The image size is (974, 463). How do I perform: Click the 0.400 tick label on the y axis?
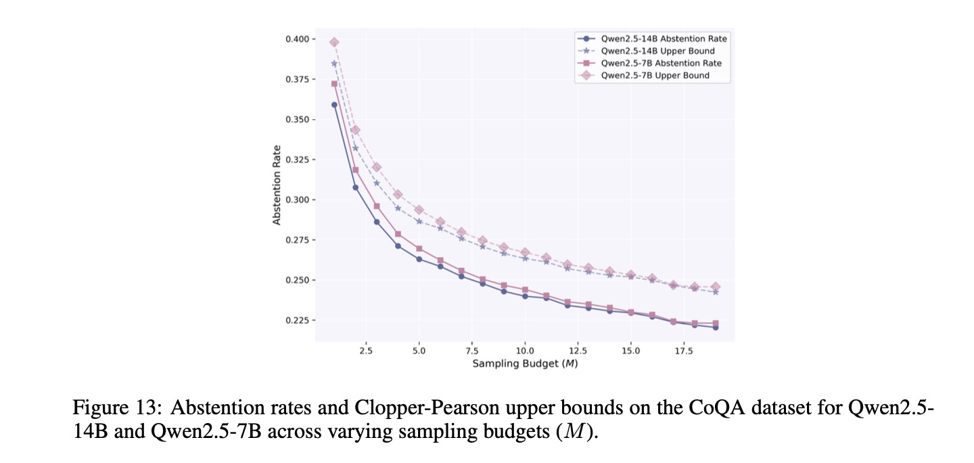[297, 39]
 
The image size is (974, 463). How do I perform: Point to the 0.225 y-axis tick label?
[297, 320]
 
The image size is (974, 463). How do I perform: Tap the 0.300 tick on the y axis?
[297, 200]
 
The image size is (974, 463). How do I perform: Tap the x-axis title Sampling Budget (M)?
[525, 364]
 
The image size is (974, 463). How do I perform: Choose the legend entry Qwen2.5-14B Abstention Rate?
[664, 39]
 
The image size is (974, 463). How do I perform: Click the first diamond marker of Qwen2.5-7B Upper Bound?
[334, 43]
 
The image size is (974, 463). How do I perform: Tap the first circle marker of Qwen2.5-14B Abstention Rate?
[334, 105]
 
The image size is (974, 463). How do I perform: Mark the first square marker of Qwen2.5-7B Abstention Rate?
[334, 84]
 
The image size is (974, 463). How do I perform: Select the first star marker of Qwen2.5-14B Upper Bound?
[334, 64]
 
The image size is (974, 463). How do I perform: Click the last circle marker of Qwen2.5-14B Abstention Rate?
[716, 327]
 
